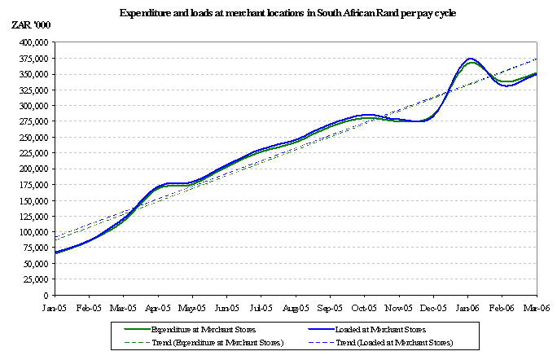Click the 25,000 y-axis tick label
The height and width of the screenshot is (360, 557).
coord(33,279)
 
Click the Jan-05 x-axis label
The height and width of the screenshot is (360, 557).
coord(55,308)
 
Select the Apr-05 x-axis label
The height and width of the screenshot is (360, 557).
coord(157,308)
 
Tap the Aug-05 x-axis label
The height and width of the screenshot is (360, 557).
coord(296,308)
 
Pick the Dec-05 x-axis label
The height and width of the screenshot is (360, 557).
coord(433,308)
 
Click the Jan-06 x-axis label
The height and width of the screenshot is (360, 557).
coord(467,308)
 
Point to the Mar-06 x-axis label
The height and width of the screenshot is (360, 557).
coord(536,308)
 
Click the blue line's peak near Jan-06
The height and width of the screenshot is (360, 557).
coord(469,59)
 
